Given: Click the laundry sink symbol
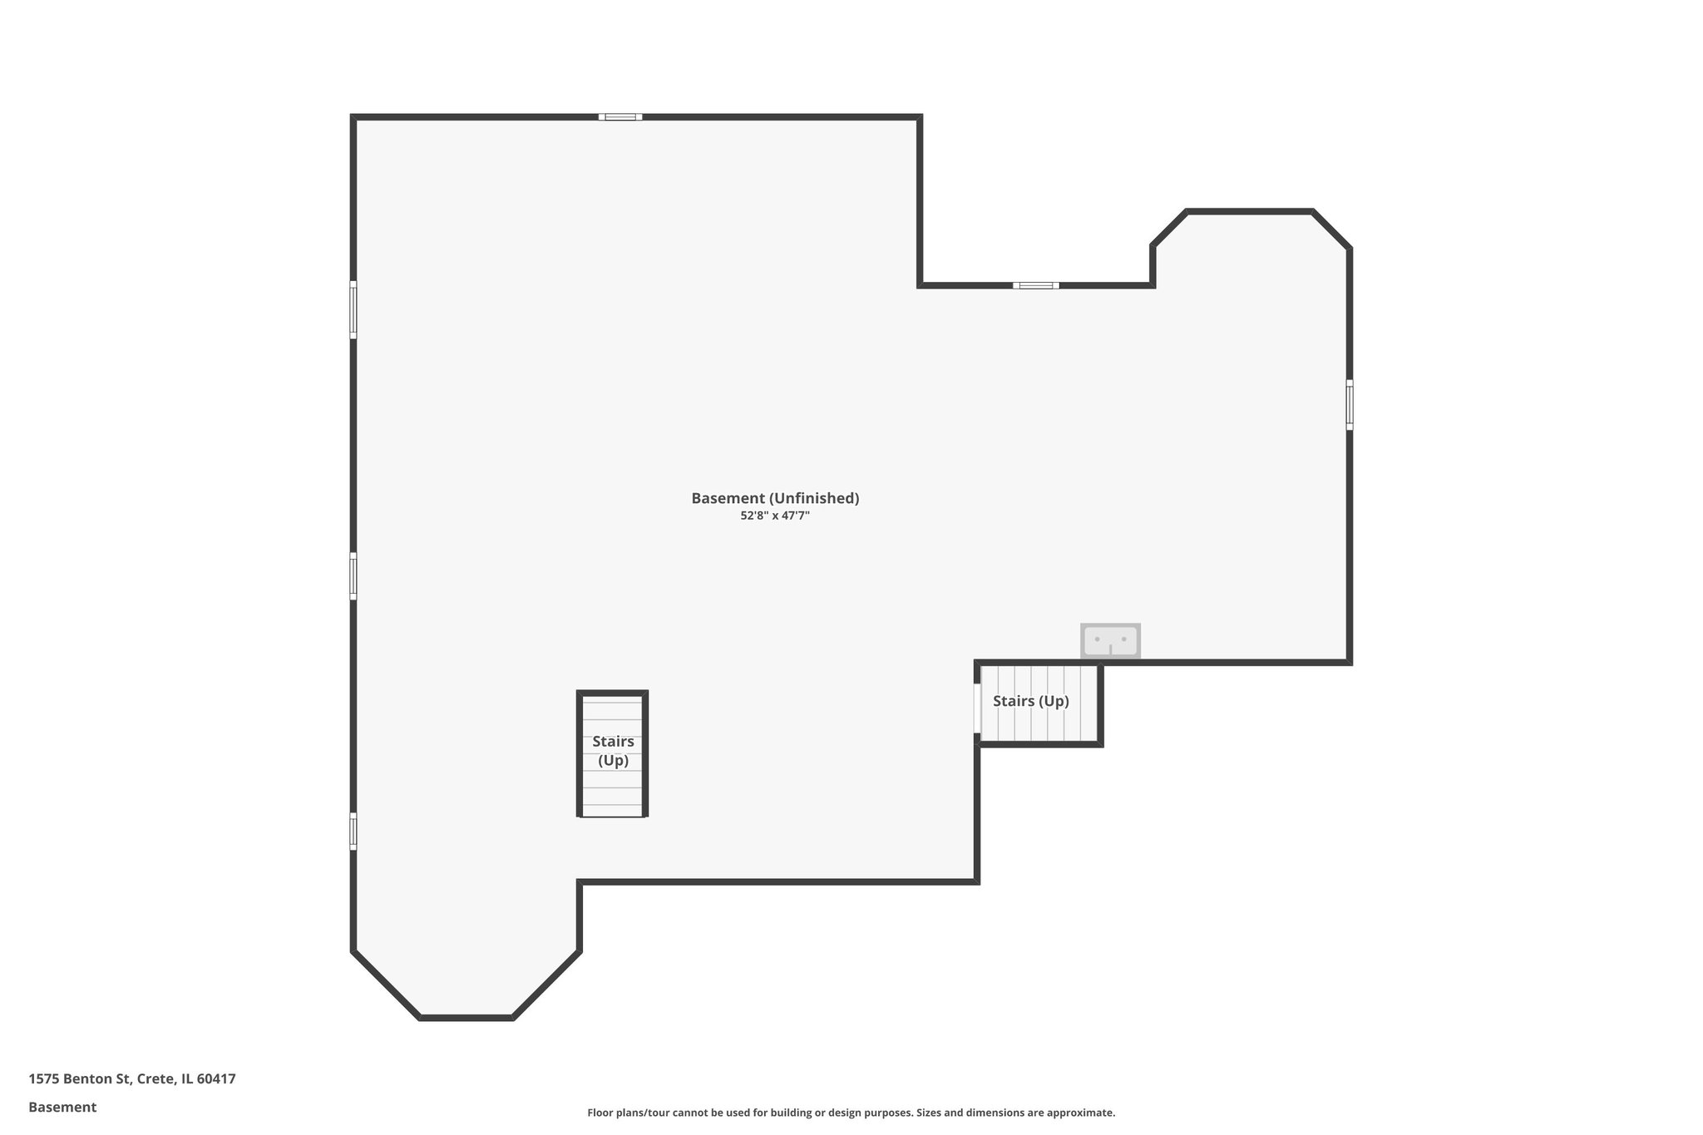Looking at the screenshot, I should [x=1110, y=641].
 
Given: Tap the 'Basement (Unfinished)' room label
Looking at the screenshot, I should [x=775, y=498].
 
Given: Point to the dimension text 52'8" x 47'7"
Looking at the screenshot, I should [x=775, y=516].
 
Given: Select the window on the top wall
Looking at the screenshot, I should [x=620, y=117].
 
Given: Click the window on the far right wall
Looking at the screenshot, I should [x=1349, y=405].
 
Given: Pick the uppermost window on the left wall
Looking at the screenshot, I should [x=353, y=309].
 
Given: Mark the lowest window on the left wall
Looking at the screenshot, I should [x=353, y=831].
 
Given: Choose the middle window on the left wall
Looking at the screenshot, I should [x=353, y=575].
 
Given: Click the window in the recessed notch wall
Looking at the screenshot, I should [x=1036, y=285].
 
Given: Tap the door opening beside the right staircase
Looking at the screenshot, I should [x=977, y=708].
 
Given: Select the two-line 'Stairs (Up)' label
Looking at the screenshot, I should [x=613, y=751].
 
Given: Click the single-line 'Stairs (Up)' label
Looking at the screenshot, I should [x=1031, y=701].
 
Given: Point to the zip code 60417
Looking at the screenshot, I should [x=216, y=1079].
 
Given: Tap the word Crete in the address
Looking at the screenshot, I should [x=156, y=1079].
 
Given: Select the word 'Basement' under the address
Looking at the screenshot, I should [x=62, y=1108].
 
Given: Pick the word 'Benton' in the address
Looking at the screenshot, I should [x=88, y=1079].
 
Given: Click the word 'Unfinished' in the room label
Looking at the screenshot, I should [x=813, y=498].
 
